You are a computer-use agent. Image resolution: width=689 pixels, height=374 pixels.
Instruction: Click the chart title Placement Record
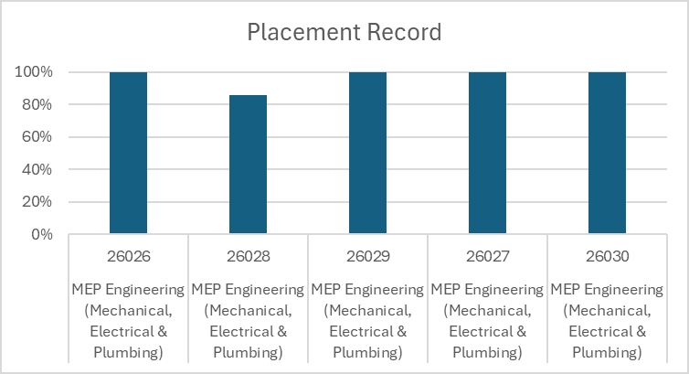(x=344, y=33)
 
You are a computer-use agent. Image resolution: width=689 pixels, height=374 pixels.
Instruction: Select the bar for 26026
(x=128, y=153)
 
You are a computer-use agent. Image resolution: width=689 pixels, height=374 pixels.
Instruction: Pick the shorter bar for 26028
(x=248, y=165)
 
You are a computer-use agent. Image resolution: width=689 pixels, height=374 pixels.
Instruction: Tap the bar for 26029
(x=367, y=153)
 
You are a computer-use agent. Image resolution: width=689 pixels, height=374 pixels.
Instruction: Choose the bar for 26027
(x=487, y=153)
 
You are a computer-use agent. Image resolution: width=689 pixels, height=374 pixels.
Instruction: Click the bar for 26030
(x=607, y=153)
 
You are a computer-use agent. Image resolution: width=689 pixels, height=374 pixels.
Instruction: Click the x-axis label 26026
(x=128, y=256)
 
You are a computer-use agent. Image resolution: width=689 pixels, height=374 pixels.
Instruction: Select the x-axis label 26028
(x=248, y=256)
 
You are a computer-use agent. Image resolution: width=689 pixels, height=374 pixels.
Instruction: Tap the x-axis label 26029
(x=367, y=256)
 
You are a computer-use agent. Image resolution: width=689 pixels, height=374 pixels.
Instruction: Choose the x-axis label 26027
(x=487, y=256)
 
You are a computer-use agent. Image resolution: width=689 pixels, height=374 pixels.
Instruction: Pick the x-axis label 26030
(x=607, y=256)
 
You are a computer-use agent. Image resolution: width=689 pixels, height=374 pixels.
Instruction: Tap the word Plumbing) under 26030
(x=607, y=352)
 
